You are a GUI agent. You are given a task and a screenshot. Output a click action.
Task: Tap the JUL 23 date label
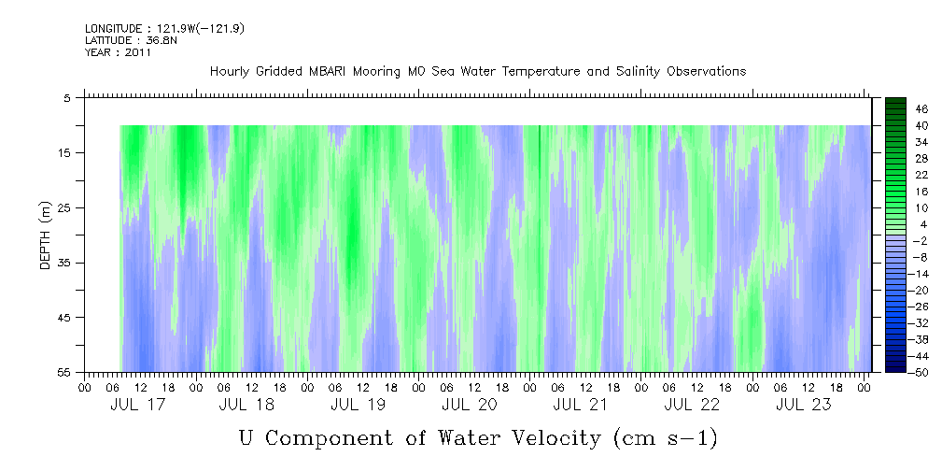pos(803,405)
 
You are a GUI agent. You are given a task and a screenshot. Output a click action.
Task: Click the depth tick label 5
pos(67,97)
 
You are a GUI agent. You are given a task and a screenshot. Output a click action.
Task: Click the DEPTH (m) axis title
pos(45,240)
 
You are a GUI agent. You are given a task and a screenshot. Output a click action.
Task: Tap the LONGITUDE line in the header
pos(164,29)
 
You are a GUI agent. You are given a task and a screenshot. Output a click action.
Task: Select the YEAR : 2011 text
pos(118,52)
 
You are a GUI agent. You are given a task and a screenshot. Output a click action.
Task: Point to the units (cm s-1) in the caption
pos(665,437)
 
